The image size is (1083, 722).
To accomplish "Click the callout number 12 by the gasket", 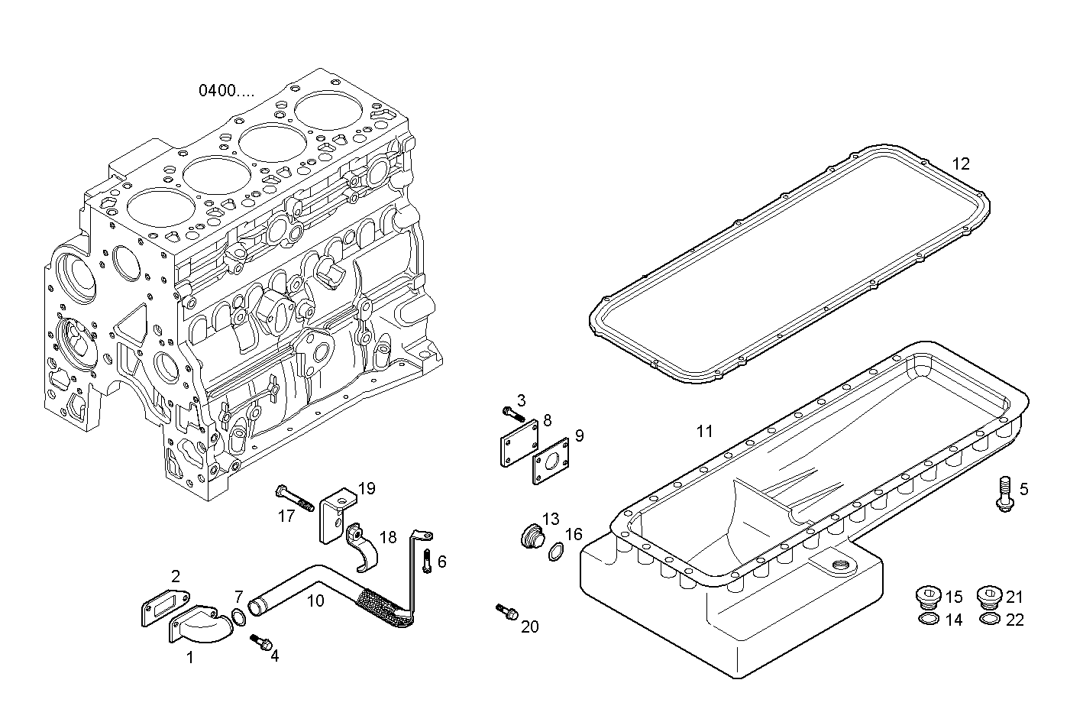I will coord(961,164).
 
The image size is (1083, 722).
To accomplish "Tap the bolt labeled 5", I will coord(1004,492).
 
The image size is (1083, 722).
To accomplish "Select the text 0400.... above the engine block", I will coord(227,91).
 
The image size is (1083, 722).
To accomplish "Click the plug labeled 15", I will coord(928,596).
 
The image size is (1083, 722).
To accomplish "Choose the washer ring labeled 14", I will coord(928,618).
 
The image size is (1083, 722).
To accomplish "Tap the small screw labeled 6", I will coord(427,562).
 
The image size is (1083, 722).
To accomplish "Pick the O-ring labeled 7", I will coord(238,617).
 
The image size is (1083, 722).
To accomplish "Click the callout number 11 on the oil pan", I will coord(704,432).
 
